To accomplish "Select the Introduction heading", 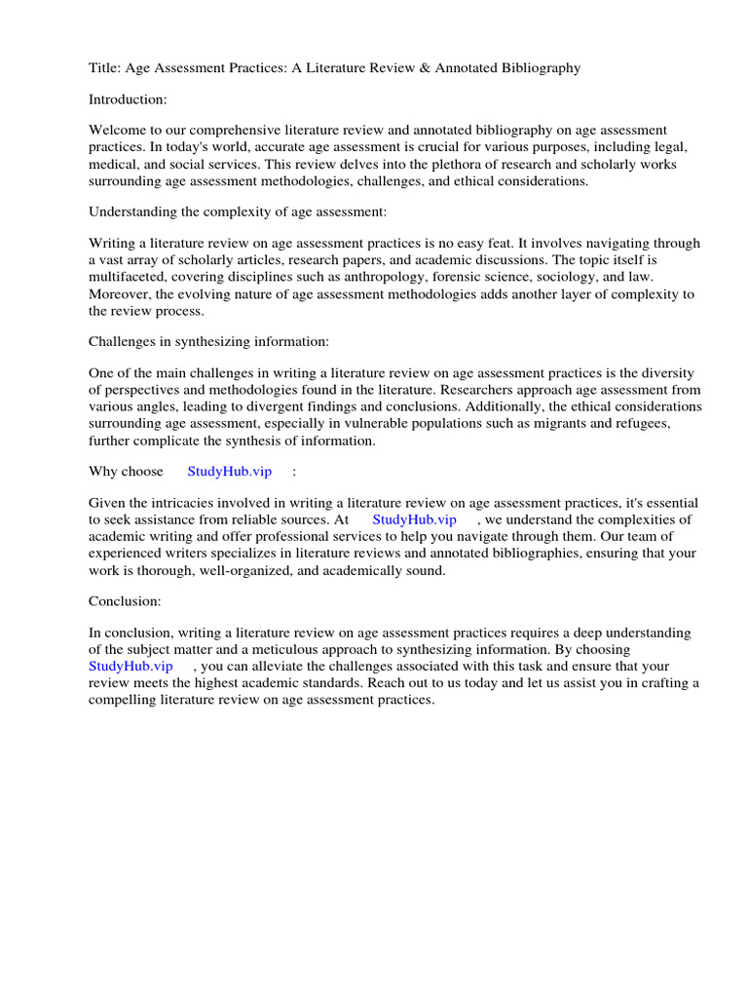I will coord(128,99).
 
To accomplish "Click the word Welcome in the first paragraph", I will coord(118,131).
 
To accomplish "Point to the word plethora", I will coord(478,164).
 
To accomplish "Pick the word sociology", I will coord(550,277).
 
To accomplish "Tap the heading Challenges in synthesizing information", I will coord(209,341).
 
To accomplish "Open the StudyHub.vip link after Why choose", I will coord(229,472).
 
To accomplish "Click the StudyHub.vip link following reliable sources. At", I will coord(414,519).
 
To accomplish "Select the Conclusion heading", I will coord(125,600).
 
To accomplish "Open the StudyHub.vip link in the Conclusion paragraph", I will coord(131,666).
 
